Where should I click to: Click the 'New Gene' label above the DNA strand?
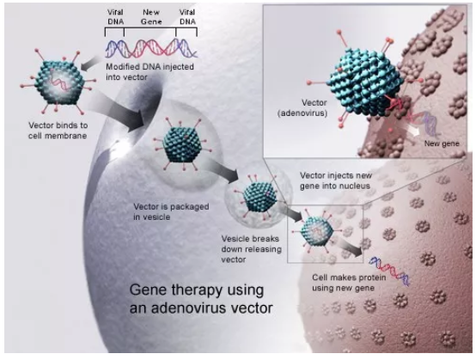[x=151, y=17]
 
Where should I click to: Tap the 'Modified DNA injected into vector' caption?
[x=150, y=71]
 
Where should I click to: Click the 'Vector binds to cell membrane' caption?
[x=58, y=131]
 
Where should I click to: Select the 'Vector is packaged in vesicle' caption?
[x=171, y=211]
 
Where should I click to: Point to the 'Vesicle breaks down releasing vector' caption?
[x=252, y=249]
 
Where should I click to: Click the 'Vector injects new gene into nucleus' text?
[x=336, y=180]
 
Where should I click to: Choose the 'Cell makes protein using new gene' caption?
[x=349, y=283]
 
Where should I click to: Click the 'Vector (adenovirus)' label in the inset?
[x=302, y=108]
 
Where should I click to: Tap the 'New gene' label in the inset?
[x=442, y=143]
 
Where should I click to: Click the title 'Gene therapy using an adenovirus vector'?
[x=201, y=299]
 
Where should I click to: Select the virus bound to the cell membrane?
[x=58, y=82]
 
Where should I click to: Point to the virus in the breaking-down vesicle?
[x=259, y=197]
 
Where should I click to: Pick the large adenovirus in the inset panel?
[x=364, y=82]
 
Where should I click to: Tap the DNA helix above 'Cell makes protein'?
[x=389, y=271]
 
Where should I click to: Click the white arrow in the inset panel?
[x=413, y=130]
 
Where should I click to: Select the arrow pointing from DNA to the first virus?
[x=90, y=63]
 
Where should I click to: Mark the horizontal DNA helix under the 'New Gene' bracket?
[x=151, y=49]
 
